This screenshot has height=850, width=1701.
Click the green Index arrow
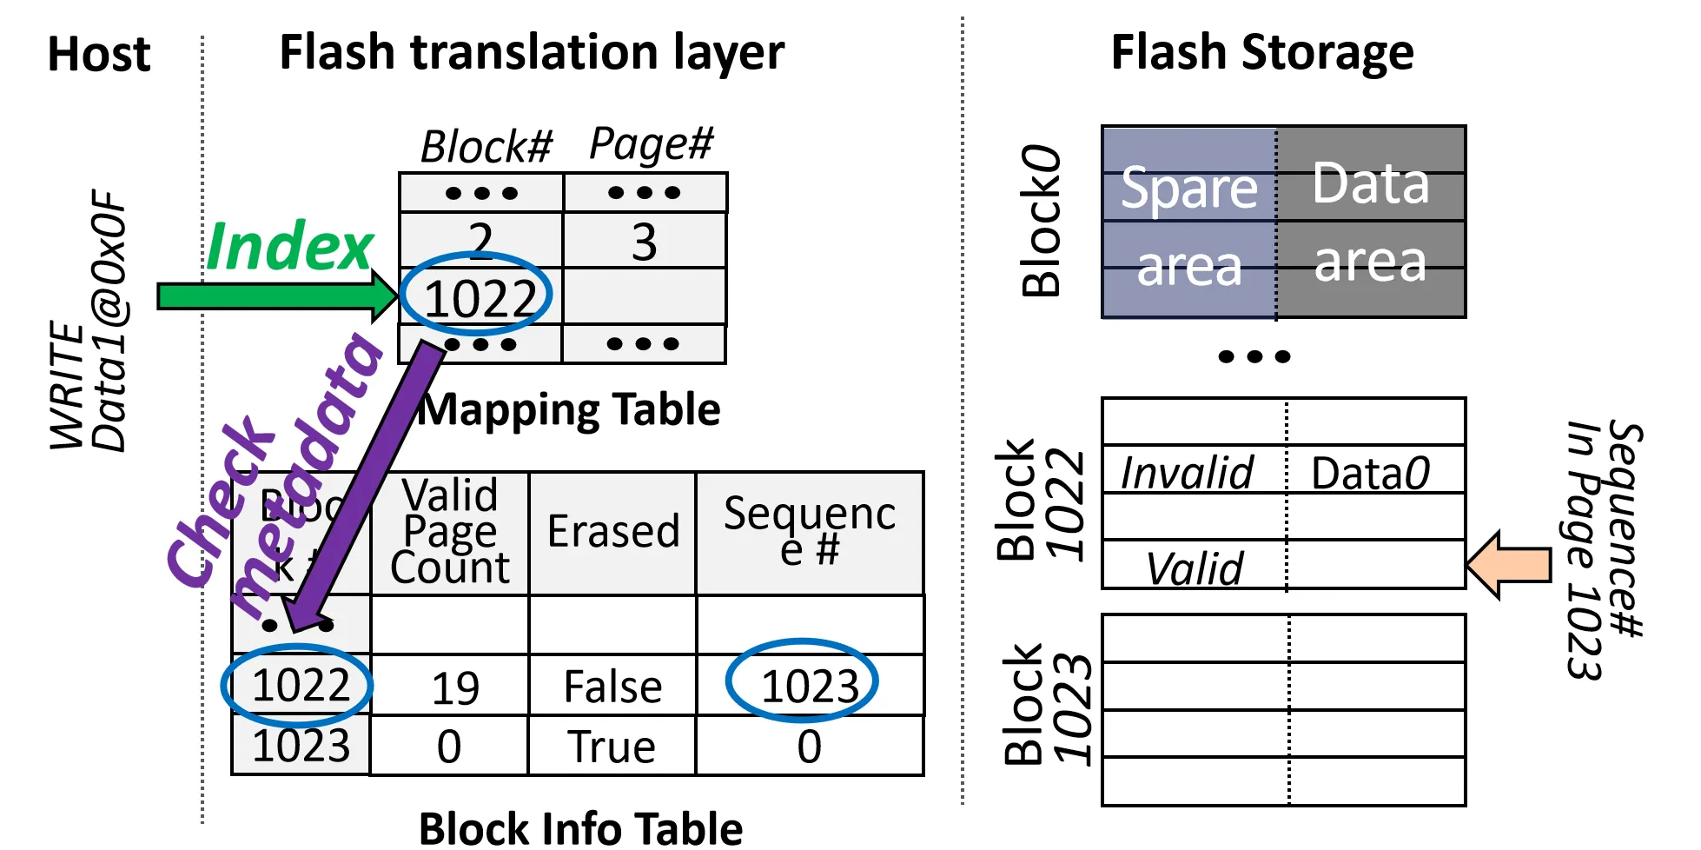(269, 296)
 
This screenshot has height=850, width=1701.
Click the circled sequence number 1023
(808, 686)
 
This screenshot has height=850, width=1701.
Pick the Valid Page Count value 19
(454, 688)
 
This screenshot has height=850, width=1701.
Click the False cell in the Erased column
(612, 687)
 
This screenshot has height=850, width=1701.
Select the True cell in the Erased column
(612, 747)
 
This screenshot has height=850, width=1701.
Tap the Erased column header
(612, 531)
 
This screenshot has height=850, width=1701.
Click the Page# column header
(651, 143)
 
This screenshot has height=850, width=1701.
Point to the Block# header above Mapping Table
(486, 146)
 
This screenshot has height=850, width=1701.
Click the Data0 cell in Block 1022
(1370, 474)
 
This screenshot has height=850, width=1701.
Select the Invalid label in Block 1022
(1187, 474)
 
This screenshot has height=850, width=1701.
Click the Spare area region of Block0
(1188, 224)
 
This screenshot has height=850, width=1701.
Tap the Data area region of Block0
(1370, 222)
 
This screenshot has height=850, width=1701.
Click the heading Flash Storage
(1261, 52)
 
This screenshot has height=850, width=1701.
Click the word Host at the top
(99, 54)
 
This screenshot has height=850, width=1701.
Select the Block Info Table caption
(580, 827)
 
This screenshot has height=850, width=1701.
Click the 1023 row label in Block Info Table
(301, 746)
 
